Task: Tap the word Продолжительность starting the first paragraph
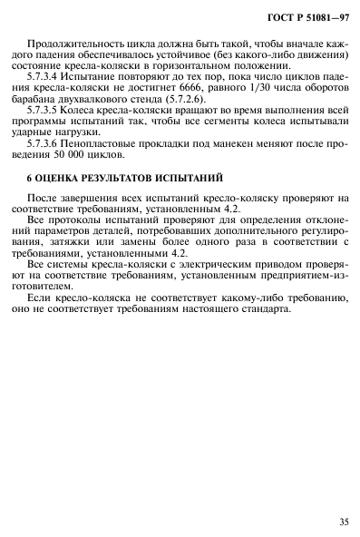coord(75,44)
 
